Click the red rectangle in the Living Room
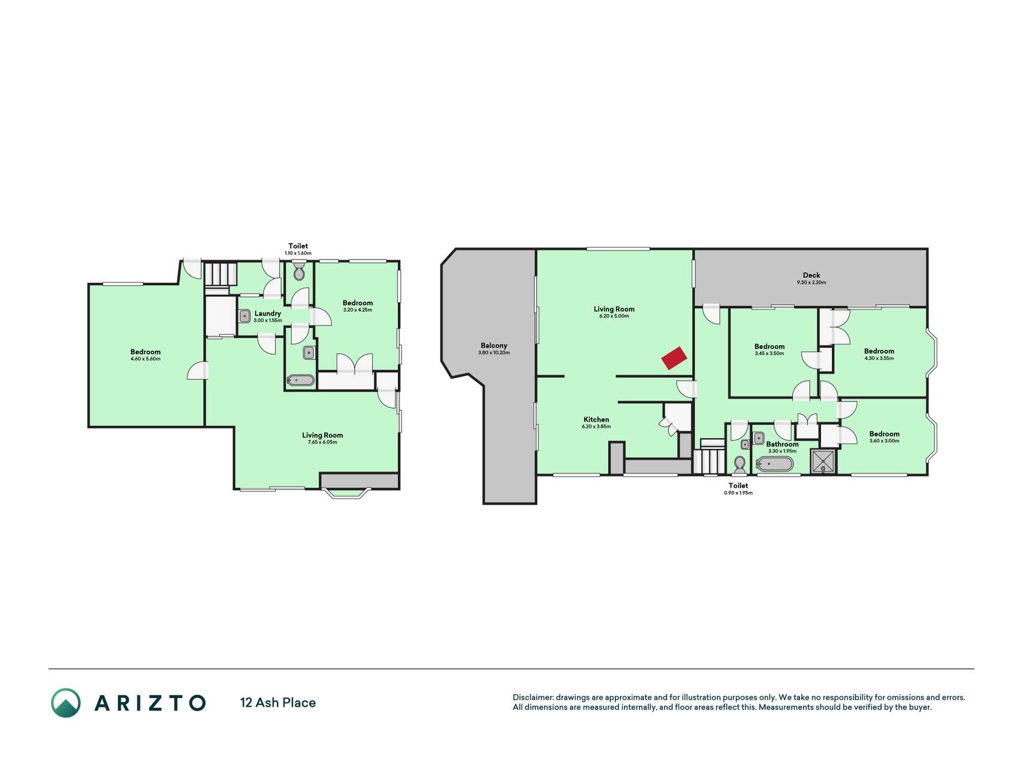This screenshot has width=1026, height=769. click(x=674, y=358)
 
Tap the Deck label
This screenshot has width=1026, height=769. click(x=811, y=275)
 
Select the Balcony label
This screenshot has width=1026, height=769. click(x=493, y=345)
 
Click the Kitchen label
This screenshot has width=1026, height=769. click(x=596, y=419)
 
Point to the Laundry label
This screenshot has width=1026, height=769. click(x=267, y=313)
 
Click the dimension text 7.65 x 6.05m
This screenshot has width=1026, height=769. click(x=322, y=442)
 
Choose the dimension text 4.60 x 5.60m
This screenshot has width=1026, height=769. click(x=145, y=359)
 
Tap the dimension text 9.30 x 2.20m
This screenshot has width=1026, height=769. click(x=811, y=282)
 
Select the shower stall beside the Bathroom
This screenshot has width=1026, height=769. click(x=823, y=461)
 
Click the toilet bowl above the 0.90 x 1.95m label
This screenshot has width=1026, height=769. click(x=740, y=464)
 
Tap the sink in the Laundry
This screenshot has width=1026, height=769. click(x=245, y=316)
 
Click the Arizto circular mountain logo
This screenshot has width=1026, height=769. click(x=66, y=703)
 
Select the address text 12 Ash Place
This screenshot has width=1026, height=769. click(x=278, y=702)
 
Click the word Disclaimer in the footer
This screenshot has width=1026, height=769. click(x=533, y=698)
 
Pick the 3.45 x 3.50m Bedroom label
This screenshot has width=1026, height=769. click(x=769, y=346)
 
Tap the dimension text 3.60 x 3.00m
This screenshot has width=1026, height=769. click(x=884, y=441)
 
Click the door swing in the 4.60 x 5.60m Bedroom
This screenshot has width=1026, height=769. click(x=197, y=371)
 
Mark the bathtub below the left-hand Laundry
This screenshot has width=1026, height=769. click(x=301, y=380)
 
